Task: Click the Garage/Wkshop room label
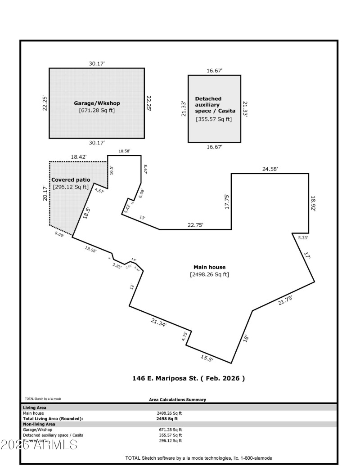97,103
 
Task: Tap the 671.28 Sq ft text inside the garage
97,110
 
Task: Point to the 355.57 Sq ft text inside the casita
214,119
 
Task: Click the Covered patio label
74,179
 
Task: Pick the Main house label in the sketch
209,267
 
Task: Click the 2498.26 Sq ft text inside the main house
209,274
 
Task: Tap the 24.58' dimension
270,169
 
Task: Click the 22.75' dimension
195,225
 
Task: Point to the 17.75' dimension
227,202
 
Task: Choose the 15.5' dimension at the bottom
207,358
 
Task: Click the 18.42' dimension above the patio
78,157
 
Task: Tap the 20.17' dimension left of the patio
45,194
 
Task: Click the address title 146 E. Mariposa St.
186,378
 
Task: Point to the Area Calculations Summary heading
177,399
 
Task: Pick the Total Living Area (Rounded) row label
53,418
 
